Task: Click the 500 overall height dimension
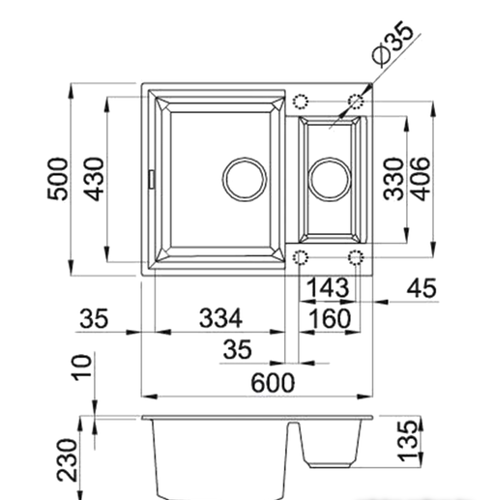[58, 179]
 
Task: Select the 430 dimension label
[94, 179]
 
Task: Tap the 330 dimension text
[393, 179]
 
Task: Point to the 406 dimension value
[420, 179]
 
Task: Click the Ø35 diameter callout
[392, 44]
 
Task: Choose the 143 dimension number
[328, 287]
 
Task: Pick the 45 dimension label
[421, 287]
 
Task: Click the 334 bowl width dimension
[220, 318]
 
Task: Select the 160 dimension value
[330, 318]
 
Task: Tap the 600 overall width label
[273, 383]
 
